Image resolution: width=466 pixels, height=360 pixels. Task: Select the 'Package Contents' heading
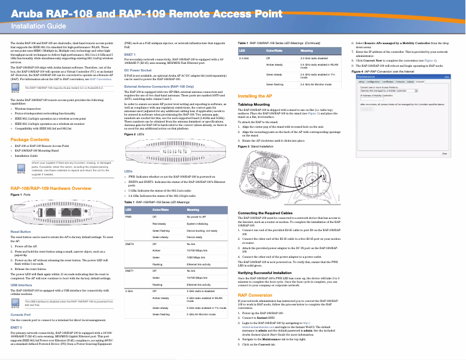point(30,141)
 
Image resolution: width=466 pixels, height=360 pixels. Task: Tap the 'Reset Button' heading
point(21,232)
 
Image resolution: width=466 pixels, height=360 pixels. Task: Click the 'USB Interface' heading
point(21,286)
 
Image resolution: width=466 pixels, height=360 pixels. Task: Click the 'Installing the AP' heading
point(255,95)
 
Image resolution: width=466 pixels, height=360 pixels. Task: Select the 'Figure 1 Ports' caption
point(21,194)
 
